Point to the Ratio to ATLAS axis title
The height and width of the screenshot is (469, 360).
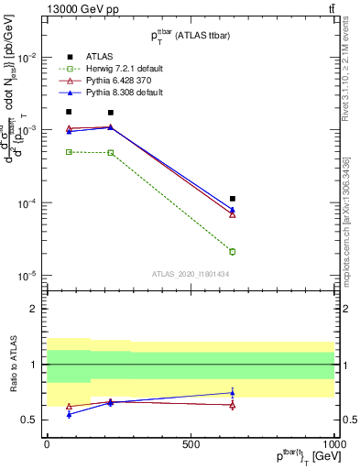coord(12,365)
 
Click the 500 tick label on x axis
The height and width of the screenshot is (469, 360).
coord(191,443)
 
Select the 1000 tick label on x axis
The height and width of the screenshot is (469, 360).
coord(334,443)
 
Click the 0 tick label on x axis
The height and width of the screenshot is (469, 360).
coord(47,443)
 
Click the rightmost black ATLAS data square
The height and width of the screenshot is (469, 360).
coord(233,199)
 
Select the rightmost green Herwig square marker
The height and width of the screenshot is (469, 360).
coord(233,251)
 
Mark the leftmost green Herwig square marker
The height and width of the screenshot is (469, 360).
coord(69,152)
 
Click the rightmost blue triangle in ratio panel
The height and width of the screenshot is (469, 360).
coord(233,393)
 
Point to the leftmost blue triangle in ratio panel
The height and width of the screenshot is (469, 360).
coord(69,414)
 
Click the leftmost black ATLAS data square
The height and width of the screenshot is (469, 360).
coord(69,112)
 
